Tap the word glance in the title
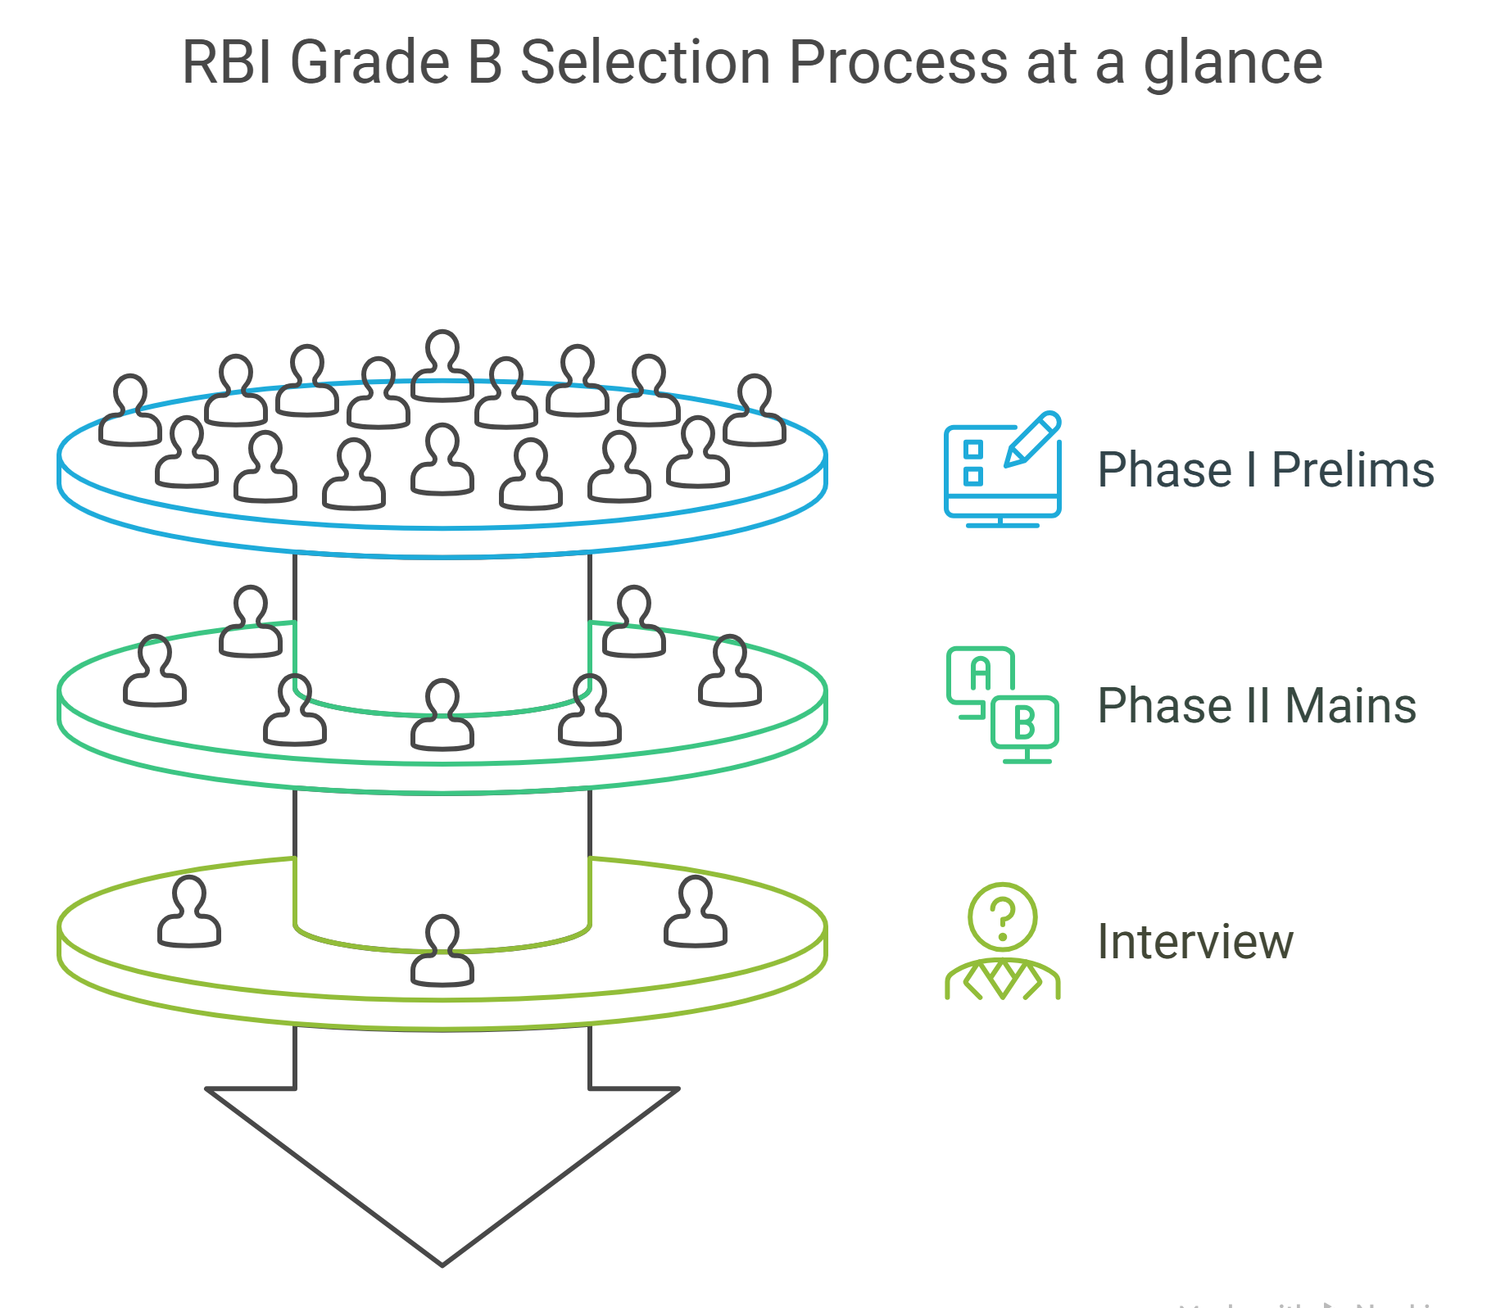click(1233, 64)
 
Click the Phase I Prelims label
click(1265, 470)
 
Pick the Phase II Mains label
click(1256, 706)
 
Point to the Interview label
click(1194, 942)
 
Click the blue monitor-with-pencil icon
click(1002, 470)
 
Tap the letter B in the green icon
click(1024, 722)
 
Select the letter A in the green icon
click(980, 673)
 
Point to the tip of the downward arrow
click(442, 1263)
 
